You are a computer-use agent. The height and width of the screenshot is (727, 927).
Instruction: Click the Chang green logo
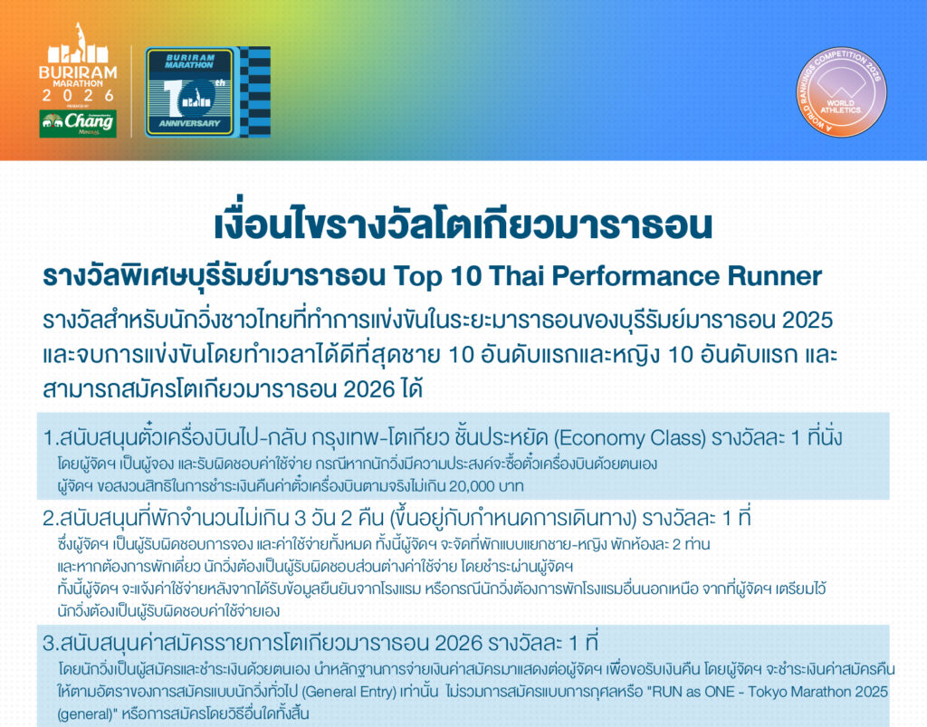click(78, 123)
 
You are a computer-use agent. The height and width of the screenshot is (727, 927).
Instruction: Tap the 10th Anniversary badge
click(190, 91)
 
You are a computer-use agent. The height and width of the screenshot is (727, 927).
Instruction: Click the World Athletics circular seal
click(841, 91)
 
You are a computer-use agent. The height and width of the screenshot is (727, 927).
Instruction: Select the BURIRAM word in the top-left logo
click(78, 72)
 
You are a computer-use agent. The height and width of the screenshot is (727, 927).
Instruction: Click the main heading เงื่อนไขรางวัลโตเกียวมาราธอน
click(463, 225)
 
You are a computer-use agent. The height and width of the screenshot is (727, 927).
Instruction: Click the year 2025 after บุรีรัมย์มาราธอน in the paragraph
click(808, 320)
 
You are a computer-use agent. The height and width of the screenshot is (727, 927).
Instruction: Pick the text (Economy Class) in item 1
click(630, 438)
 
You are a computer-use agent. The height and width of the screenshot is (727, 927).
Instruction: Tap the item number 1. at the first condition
click(51, 438)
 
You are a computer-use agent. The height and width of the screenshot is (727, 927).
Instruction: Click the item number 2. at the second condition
click(51, 519)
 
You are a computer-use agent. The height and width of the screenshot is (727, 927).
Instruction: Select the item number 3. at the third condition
click(51, 643)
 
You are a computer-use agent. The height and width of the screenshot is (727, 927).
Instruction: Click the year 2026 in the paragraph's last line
click(369, 389)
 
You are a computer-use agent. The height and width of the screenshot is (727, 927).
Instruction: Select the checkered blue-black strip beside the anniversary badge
click(255, 91)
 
